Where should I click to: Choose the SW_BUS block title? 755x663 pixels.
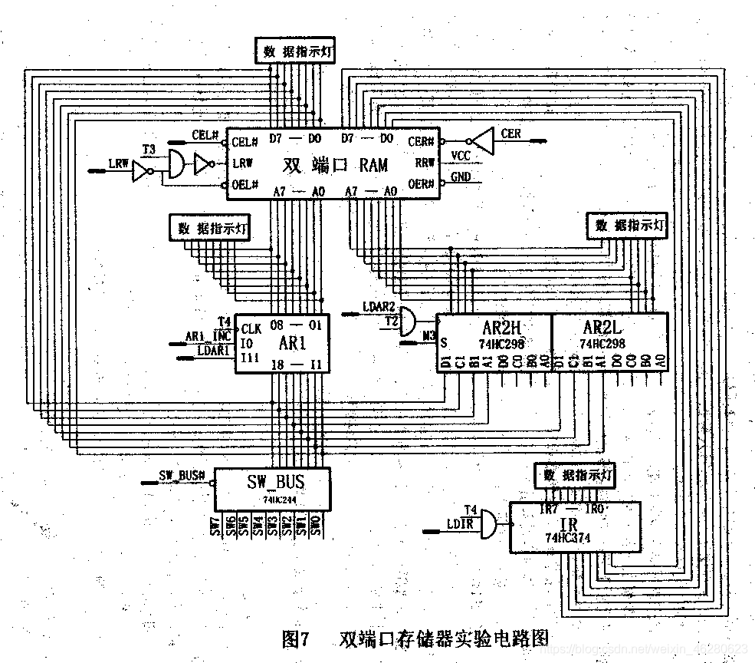tap(275, 482)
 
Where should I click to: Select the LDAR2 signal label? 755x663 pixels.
tap(379, 307)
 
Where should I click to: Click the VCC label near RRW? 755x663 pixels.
tap(461, 156)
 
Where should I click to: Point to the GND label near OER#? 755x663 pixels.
tap(461, 177)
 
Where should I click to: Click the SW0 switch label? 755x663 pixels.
tap(316, 526)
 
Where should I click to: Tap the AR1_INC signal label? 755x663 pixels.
tap(208, 336)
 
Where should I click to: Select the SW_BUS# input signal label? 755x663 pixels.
tap(182, 476)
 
